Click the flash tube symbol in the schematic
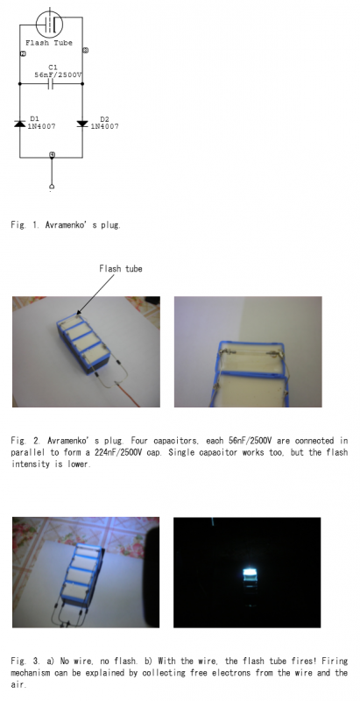[x=49, y=25]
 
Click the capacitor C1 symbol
[x=51, y=84]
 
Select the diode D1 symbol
[x=19, y=124]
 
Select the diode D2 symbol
[x=82, y=124]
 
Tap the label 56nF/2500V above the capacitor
[x=58, y=75]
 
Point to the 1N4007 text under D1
[x=41, y=126]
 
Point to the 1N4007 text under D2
[x=105, y=126]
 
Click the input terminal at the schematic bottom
[x=52, y=187]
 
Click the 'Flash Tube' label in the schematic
[x=49, y=43]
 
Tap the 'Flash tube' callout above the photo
[x=121, y=269]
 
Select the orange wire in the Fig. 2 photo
[x=129, y=395]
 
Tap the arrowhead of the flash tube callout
[x=79, y=313]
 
